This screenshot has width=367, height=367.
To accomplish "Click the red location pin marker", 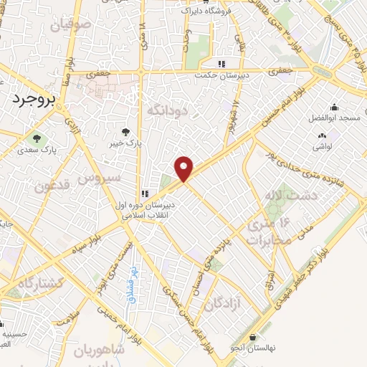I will point(184,168).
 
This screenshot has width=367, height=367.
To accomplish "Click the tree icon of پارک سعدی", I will point(35,138).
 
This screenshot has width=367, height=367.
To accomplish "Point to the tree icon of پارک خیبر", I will point(125,131).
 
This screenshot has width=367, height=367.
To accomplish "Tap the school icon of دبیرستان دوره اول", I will point(145,193).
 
